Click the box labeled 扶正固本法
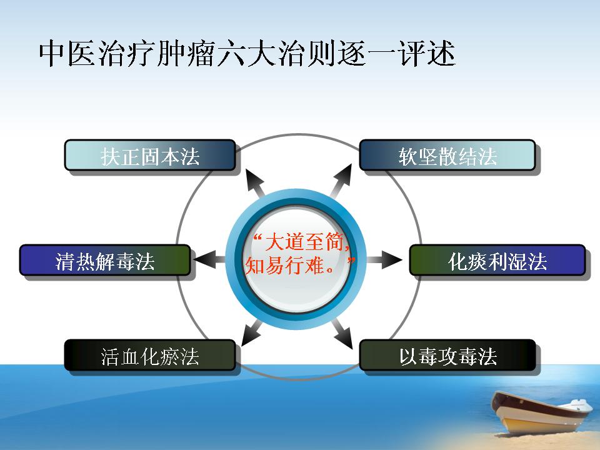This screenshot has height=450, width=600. (149, 155)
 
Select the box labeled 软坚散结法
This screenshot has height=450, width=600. (447, 155)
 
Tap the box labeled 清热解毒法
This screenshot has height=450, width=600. (105, 260)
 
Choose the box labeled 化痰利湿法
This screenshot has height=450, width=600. (497, 260)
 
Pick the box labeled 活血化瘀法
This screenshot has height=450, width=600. (149, 355)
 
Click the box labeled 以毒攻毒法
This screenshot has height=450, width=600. (447, 355)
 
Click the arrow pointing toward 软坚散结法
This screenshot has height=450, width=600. (341, 181)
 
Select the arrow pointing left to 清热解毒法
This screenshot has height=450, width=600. (210, 260)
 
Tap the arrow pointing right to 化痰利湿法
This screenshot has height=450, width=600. (384, 260)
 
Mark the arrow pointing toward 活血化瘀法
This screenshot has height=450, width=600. (252, 333)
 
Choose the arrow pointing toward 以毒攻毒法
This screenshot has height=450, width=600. (342, 334)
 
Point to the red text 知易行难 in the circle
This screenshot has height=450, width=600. (285, 265)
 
